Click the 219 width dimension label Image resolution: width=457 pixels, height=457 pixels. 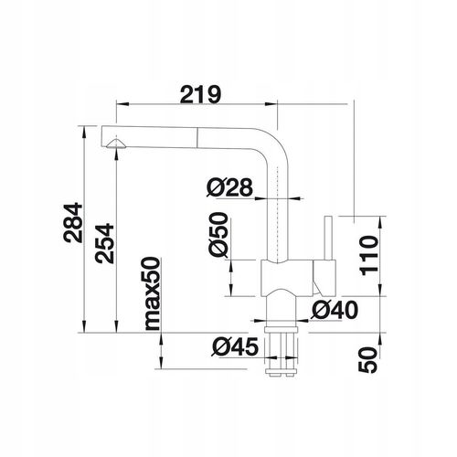(200, 94)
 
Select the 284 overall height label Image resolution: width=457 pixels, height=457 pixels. (73, 223)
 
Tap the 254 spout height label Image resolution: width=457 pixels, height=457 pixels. (104, 243)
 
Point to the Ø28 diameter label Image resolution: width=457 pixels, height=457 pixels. (229, 186)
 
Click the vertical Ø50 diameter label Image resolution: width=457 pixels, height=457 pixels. (218, 235)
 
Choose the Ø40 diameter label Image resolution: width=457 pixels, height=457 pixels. (335, 310)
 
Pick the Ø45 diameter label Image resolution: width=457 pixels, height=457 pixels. (235, 346)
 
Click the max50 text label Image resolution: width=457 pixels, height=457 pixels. (152, 294)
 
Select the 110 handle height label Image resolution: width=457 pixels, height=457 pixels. (369, 255)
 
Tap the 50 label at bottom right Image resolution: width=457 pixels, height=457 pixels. (367, 360)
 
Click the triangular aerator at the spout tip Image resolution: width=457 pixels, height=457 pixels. (116, 143)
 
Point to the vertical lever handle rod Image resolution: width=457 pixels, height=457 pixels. (328, 239)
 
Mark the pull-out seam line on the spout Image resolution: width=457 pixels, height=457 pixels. (197, 138)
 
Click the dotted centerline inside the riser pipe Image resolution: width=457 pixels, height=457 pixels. (277, 213)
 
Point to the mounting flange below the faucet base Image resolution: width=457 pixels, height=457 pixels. (281, 330)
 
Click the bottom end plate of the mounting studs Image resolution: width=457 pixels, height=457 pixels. (281, 371)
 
